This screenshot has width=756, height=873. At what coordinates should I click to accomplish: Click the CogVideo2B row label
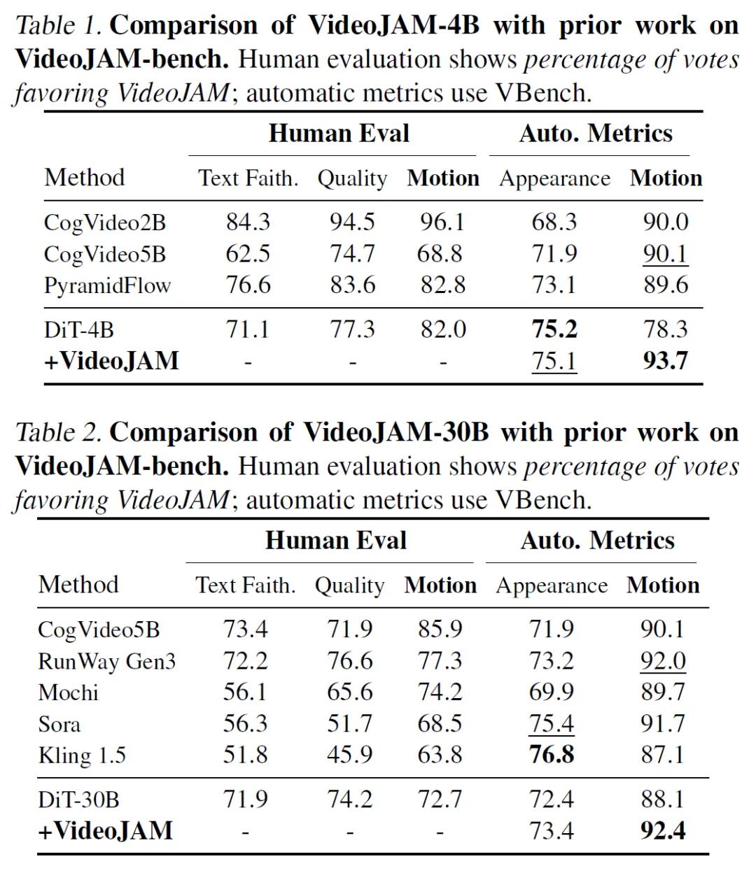pyautogui.click(x=105, y=222)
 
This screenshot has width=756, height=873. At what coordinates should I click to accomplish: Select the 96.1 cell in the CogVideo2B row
pyautogui.click(x=442, y=222)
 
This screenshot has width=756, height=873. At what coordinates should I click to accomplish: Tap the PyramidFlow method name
pyautogui.click(x=107, y=286)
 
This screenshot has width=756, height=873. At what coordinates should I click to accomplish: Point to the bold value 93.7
pyautogui.click(x=666, y=361)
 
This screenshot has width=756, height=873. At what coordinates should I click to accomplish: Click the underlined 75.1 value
pyautogui.click(x=554, y=362)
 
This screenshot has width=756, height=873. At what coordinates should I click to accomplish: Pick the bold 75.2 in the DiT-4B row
pyautogui.click(x=554, y=329)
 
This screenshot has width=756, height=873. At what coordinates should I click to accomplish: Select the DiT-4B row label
pyautogui.click(x=79, y=330)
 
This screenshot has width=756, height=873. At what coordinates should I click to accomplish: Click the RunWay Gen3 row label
pyautogui.click(x=106, y=662)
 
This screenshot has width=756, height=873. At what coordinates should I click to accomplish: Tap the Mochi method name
pyautogui.click(x=68, y=693)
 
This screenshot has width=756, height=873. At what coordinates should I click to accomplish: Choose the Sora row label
pyautogui.click(x=59, y=724)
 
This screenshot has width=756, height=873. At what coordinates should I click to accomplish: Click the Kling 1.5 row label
pyautogui.click(x=82, y=755)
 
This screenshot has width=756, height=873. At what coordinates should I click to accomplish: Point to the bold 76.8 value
pyautogui.click(x=552, y=755)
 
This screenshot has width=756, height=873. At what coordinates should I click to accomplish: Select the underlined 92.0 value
pyautogui.click(x=663, y=662)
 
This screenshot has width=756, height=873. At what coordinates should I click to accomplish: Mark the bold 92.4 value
pyautogui.click(x=663, y=831)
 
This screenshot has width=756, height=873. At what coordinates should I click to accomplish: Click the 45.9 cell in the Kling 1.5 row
pyautogui.click(x=349, y=755)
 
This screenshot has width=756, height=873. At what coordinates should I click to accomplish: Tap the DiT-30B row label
pyautogui.click(x=78, y=800)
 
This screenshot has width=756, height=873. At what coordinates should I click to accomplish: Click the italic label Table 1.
pyautogui.click(x=58, y=25)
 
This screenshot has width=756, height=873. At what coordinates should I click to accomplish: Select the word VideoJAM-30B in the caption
pyautogui.click(x=396, y=432)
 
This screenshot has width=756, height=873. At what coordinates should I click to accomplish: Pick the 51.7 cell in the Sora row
pyautogui.click(x=349, y=723)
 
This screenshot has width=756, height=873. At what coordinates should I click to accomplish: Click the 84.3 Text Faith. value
pyautogui.click(x=248, y=222)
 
